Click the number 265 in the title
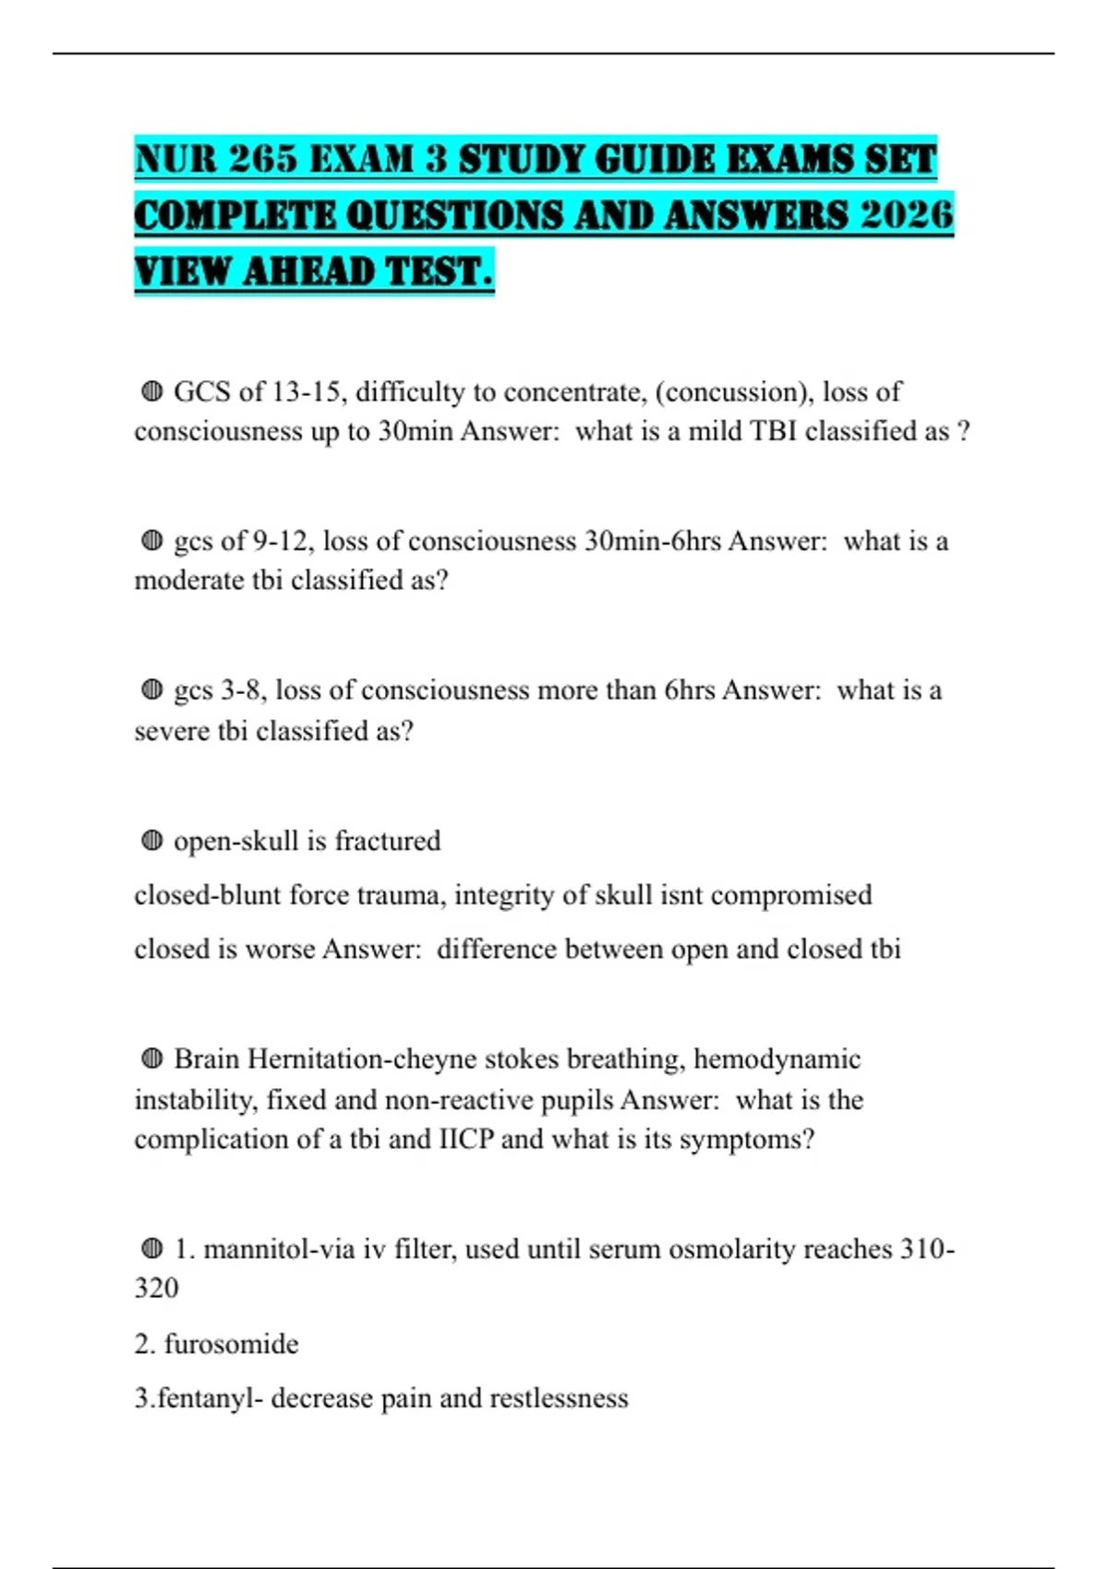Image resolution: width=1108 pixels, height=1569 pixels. [262, 160]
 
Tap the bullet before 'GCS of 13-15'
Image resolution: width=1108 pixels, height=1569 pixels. [152, 392]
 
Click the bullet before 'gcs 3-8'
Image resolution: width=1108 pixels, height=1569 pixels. [152, 690]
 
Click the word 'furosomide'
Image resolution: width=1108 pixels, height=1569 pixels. [231, 1344]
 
